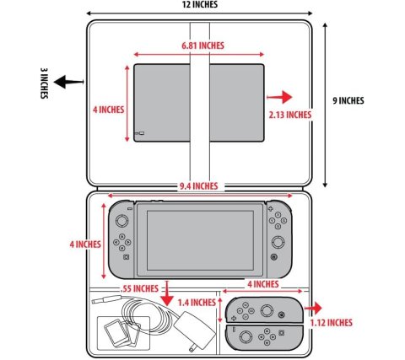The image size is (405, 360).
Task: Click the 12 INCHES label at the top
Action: [x=200, y=4]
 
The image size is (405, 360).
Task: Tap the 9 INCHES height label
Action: [x=348, y=100]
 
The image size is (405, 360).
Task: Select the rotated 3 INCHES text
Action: [x=44, y=83]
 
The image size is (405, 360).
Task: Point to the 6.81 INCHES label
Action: [x=202, y=46]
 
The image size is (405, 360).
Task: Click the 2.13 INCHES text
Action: [x=290, y=115]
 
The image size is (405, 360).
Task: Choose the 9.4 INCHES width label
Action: [x=199, y=186]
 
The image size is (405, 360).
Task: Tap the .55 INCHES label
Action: [x=139, y=288]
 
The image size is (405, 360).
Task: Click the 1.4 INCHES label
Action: [x=197, y=303]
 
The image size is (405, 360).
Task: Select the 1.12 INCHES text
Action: [x=332, y=322]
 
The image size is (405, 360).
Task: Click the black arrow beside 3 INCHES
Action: [x=68, y=82]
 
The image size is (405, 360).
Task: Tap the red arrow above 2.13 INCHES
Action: [x=279, y=97]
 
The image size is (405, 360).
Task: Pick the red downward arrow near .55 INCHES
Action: [x=167, y=293]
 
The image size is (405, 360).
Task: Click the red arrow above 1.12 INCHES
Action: [x=313, y=309]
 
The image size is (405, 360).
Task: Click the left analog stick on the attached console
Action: [x=122, y=221]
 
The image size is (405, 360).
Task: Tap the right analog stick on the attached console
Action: [x=278, y=242]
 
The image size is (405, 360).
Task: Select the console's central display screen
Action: [x=200, y=240]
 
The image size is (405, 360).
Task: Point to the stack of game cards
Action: [x=121, y=333]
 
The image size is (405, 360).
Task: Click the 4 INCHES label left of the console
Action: [x=85, y=244]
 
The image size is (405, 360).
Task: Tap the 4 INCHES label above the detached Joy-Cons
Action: [x=263, y=284]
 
